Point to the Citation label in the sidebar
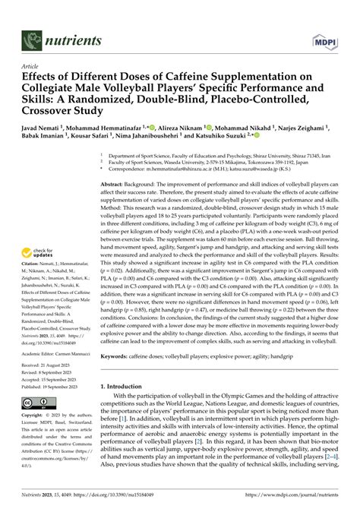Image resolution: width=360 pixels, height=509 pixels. pos(36,229)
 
